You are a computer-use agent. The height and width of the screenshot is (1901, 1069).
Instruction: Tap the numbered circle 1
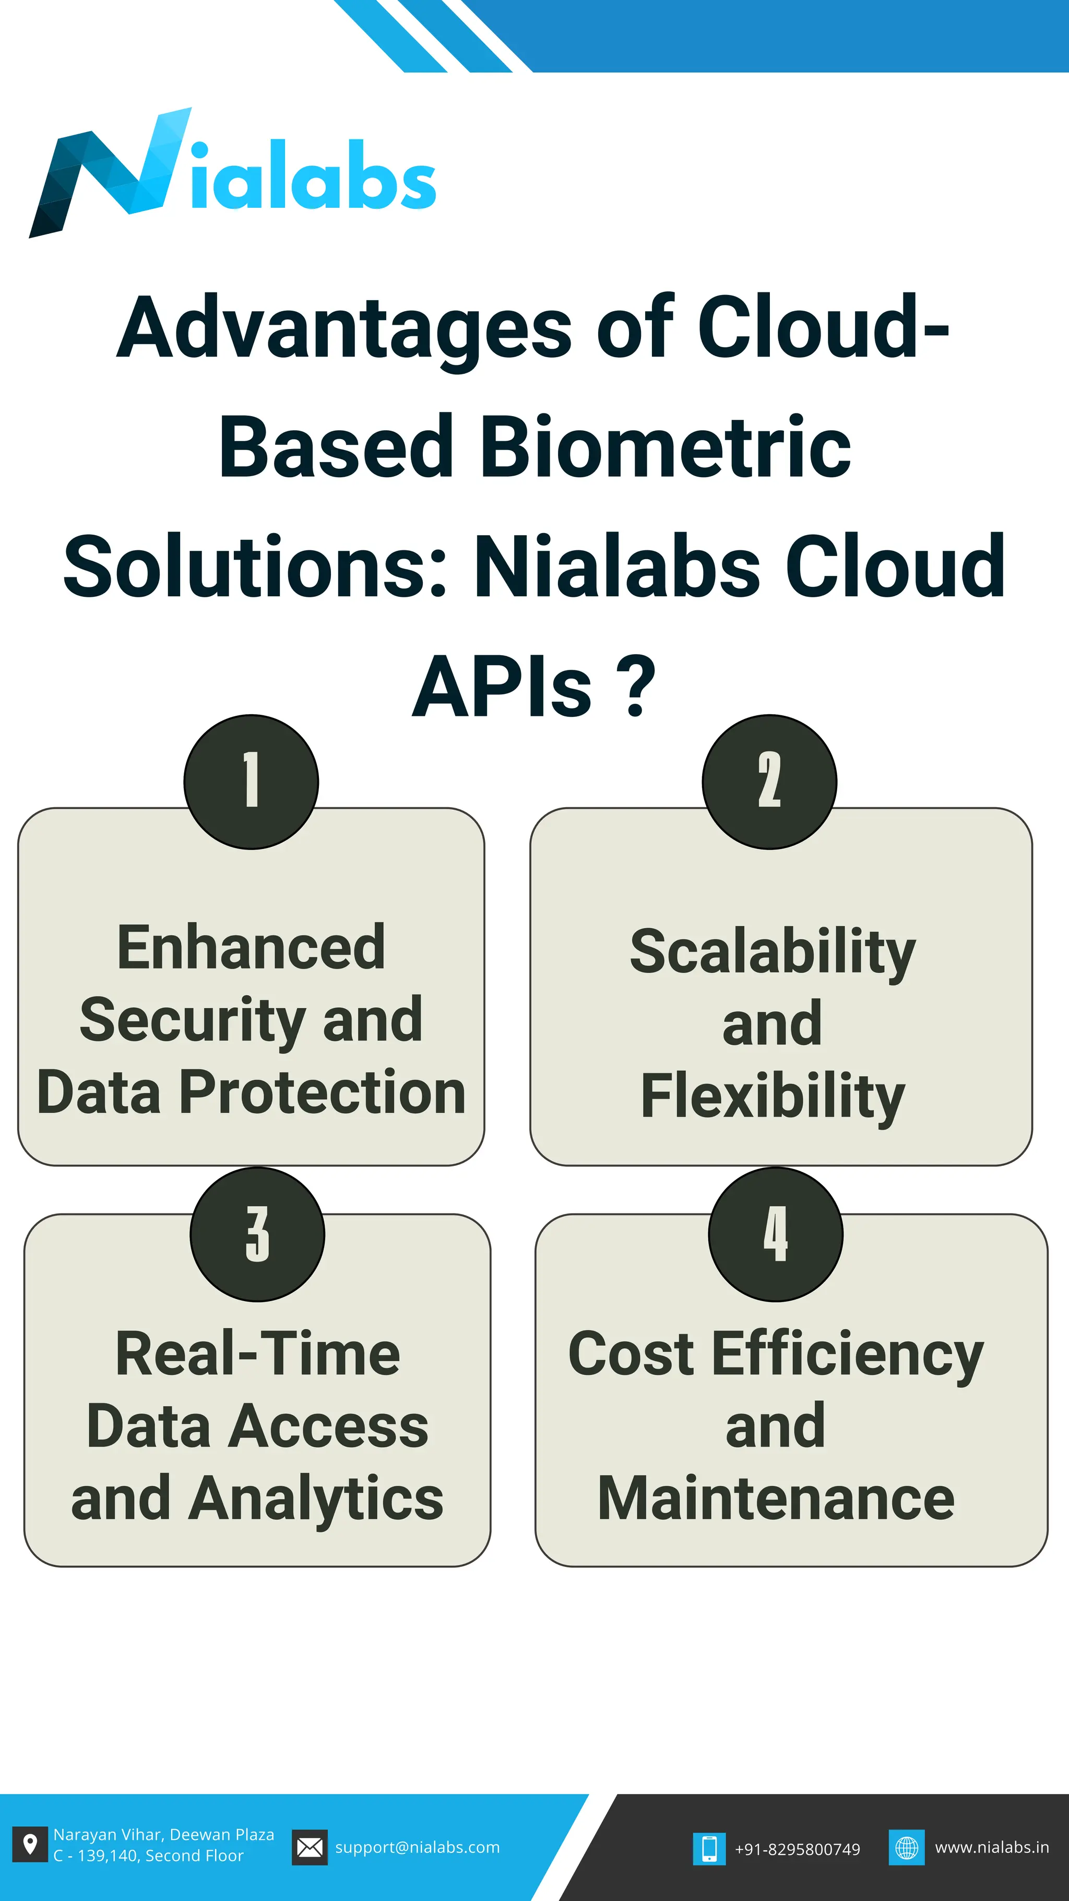click(251, 782)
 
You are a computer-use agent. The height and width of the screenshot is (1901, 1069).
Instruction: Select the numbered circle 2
click(769, 782)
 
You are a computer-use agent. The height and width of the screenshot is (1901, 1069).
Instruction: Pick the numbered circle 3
click(257, 1234)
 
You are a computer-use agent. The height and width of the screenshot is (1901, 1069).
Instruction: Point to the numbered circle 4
click(775, 1234)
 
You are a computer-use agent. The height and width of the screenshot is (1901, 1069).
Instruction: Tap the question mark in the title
click(636, 686)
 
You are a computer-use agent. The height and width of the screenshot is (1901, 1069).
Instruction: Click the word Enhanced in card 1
click(251, 948)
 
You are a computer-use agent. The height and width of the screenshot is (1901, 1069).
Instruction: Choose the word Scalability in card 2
click(773, 952)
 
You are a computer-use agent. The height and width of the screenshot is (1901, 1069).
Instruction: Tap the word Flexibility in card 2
click(773, 1096)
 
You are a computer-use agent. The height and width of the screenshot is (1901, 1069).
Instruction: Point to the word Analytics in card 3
click(315, 1499)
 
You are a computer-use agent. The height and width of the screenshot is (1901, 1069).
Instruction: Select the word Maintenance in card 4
click(775, 1499)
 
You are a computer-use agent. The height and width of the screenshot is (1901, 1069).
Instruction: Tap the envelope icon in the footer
click(309, 1847)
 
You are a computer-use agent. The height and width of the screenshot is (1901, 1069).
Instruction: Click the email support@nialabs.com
click(418, 1847)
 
